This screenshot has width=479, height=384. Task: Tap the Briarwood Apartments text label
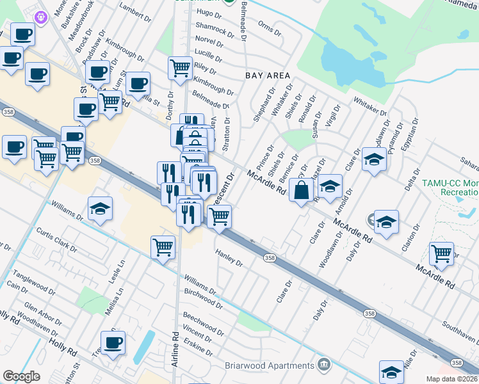pos(270,366)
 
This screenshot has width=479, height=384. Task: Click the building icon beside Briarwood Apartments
pos(324,365)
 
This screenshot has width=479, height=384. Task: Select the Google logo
pos(21,376)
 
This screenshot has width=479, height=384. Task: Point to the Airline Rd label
pos(175,349)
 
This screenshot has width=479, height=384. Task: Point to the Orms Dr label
pos(269,28)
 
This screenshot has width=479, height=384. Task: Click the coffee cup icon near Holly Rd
pos(113,343)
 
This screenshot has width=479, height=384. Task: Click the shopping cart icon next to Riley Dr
pos(181,67)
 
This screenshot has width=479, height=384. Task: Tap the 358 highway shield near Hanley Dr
pos(270,257)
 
